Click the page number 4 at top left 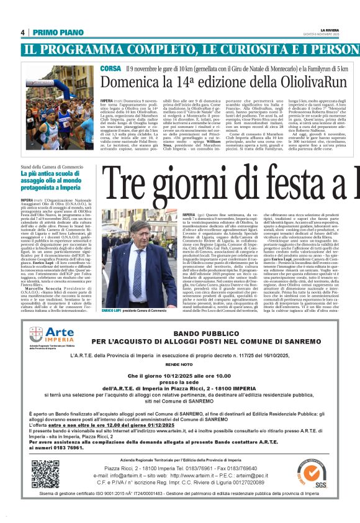pos(22,32)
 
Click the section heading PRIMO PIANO pos(56,32)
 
